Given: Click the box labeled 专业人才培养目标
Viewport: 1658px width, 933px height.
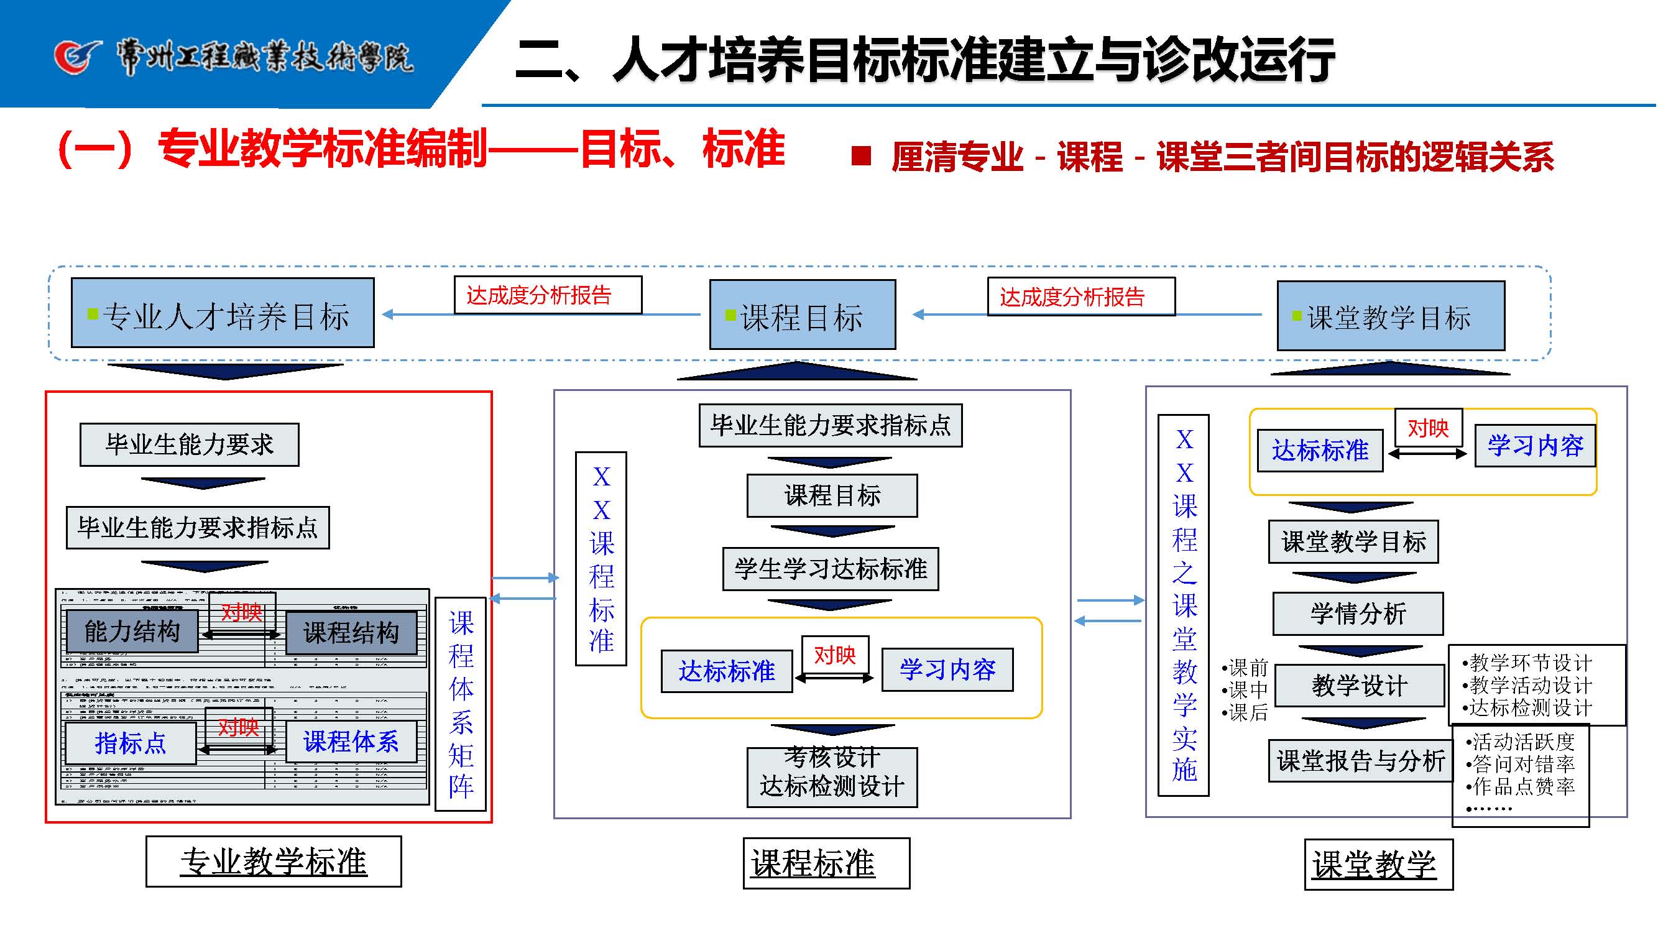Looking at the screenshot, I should click(x=223, y=313).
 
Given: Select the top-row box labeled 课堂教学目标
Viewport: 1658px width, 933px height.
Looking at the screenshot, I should click(x=1390, y=316).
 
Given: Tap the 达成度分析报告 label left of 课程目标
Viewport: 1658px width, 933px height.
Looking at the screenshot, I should click(x=547, y=295).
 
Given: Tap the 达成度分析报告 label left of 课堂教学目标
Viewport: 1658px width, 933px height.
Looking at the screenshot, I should click(x=1080, y=296).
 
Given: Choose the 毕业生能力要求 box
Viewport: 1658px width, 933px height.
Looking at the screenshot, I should click(x=189, y=444).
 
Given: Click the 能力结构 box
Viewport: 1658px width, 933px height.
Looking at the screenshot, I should click(x=132, y=632).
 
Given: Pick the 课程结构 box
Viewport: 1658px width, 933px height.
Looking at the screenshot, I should click(x=351, y=633).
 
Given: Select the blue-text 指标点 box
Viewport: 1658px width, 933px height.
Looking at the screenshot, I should click(x=131, y=743).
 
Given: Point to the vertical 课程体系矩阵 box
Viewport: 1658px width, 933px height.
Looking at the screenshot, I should click(x=461, y=704).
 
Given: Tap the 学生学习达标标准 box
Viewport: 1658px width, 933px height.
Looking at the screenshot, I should click(x=831, y=569).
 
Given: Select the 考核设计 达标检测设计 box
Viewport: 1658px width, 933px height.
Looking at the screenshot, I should click(x=832, y=776).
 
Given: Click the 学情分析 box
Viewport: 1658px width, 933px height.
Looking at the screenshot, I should click(x=1358, y=614).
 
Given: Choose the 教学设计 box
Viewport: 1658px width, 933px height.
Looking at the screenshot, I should click(x=1360, y=685).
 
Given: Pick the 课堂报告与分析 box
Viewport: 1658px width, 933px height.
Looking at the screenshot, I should click(x=1361, y=761).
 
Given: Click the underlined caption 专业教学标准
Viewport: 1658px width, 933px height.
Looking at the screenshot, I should click(x=274, y=862).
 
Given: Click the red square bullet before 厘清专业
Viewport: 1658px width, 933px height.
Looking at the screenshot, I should click(x=860, y=156).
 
